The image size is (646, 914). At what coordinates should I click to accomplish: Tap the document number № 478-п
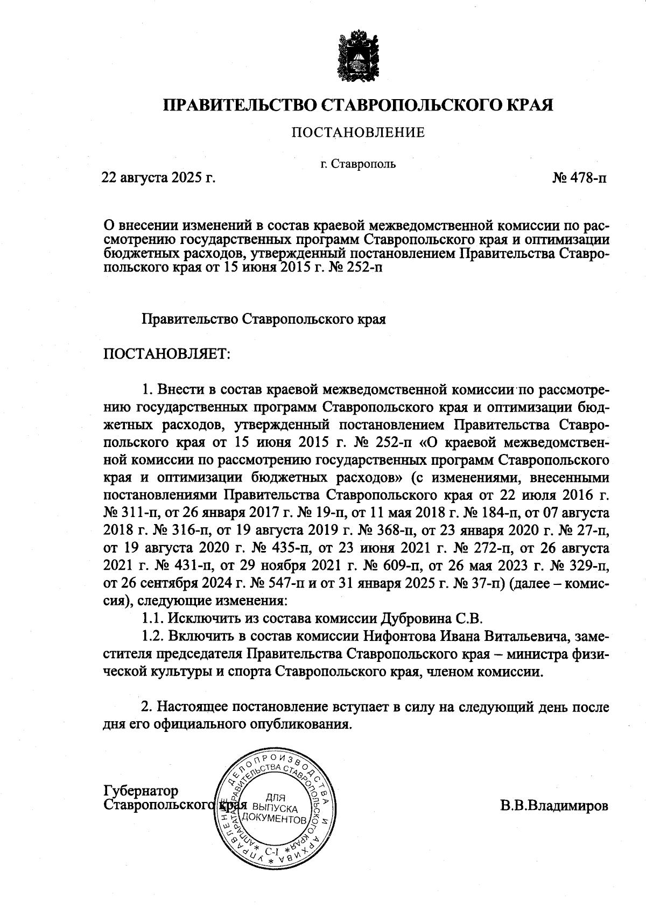pyautogui.click(x=579, y=177)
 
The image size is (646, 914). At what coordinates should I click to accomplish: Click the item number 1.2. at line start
pyautogui.click(x=153, y=636)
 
